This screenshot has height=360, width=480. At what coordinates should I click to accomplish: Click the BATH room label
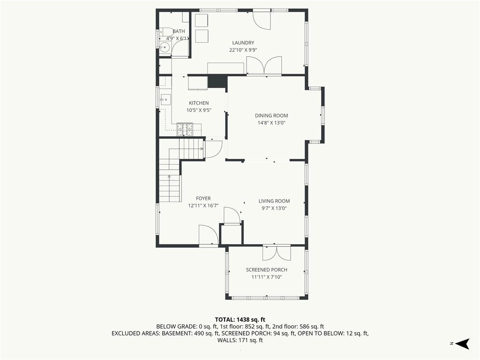[x=179, y=31]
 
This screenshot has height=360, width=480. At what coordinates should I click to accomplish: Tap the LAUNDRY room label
[x=243, y=43]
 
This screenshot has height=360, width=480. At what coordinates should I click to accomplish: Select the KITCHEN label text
[x=199, y=103]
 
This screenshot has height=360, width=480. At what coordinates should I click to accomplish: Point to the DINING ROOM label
[x=271, y=116]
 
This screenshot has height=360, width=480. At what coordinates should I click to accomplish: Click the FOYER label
[x=203, y=199]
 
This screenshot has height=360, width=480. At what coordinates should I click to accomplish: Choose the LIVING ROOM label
[x=274, y=201]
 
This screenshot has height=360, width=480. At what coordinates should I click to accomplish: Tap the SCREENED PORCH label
[x=267, y=270]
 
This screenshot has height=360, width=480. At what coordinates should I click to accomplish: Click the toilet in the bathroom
[x=166, y=31]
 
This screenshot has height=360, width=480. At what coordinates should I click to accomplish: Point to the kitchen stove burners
[x=185, y=129]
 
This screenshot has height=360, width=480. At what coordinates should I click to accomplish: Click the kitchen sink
[x=165, y=99]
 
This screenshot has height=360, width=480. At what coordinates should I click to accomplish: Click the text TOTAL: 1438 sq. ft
[x=240, y=320]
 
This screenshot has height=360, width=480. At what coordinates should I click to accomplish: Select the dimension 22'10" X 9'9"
[x=243, y=50]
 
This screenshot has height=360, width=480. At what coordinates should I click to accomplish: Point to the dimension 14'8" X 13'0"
[x=271, y=123]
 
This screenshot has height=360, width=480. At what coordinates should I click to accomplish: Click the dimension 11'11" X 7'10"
[x=267, y=277]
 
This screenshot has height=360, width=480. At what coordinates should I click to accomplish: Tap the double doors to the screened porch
[x=277, y=252]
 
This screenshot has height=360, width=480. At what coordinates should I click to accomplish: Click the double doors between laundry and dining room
[x=264, y=65]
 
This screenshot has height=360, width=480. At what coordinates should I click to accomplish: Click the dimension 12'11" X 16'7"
[x=203, y=206]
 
